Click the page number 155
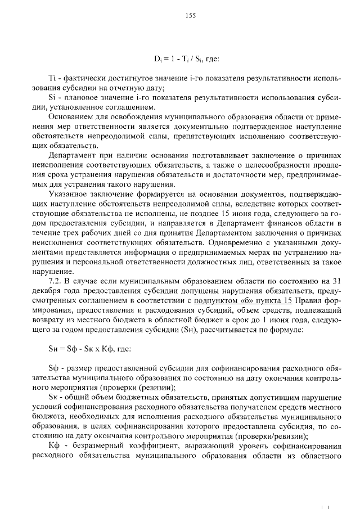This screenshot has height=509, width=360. [190, 16]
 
